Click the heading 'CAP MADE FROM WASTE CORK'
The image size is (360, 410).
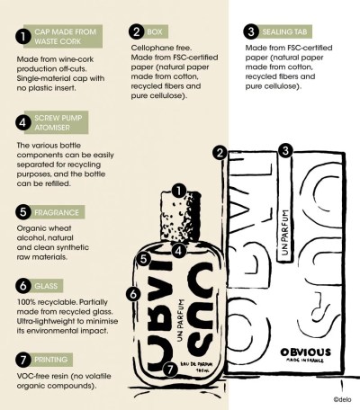tap(65, 37)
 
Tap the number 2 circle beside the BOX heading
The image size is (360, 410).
tap(137, 31)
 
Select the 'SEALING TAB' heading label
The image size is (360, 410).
tap(284, 31)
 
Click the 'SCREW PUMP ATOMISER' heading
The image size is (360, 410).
tap(58, 122)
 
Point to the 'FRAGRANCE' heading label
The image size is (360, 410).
tap(57, 212)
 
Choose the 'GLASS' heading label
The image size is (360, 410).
tap(46, 286)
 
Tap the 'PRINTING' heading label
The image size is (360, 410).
tap(51, 360)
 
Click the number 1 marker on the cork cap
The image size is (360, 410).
tap(179, 191)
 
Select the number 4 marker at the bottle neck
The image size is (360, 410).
tap(178, 250)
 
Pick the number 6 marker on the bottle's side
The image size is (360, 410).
tap(133, 294)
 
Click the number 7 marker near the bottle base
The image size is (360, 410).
tap(170, 370)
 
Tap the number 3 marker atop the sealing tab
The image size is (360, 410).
tap(285, 150)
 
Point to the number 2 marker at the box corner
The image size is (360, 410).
tap(220, 153)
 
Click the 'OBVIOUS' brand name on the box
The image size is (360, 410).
tap(306, 352)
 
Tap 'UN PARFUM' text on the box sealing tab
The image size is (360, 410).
tap(285, 233)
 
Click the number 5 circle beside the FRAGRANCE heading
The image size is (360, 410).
tap(23, 212)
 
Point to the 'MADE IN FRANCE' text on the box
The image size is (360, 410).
tap(305, 361)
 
